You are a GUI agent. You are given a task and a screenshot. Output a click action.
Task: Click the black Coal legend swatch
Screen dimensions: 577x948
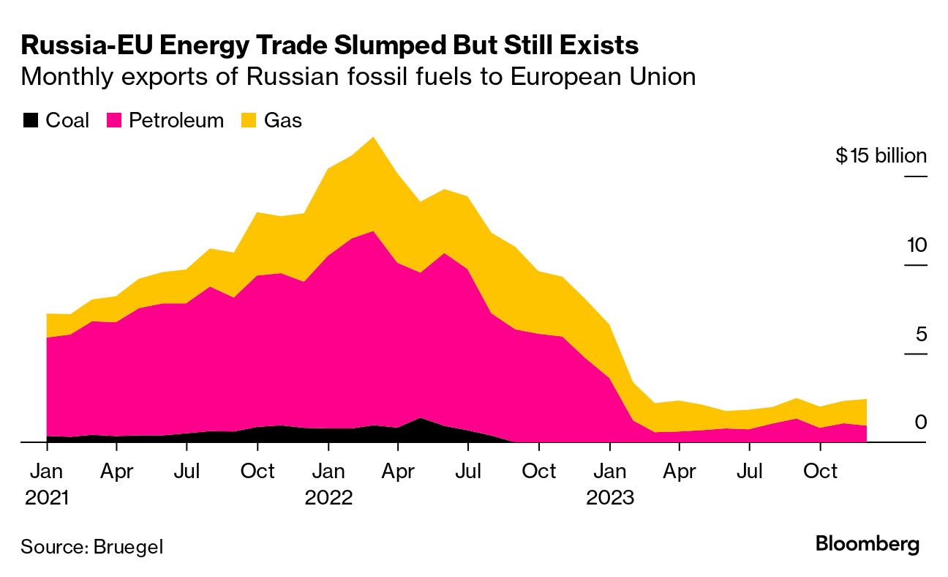[30, 120]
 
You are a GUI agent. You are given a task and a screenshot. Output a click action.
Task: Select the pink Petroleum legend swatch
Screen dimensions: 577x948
[113, 120]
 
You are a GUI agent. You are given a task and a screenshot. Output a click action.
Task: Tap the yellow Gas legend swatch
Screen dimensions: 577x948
[249, 120]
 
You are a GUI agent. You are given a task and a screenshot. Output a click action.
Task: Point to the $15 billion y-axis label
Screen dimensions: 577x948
[881, 155]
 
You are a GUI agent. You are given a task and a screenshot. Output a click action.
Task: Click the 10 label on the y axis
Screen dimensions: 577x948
[916, 245]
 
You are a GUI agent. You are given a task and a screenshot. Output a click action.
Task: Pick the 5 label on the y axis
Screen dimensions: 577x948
[920, 334]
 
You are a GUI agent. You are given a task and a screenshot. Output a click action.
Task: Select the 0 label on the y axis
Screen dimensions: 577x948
[920, 422]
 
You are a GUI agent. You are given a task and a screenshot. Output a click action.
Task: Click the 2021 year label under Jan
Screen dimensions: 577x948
[47, 498]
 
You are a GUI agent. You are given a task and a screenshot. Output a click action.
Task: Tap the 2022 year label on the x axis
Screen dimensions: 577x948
[328, 498]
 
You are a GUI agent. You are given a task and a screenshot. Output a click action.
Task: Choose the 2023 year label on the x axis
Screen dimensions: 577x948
[609, 498]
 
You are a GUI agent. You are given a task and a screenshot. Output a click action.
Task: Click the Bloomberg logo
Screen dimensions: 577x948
[867, 544]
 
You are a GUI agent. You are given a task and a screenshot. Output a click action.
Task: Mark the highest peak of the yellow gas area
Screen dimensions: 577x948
[374, 138]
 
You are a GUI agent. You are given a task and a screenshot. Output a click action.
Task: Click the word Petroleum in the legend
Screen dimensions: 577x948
[176, 120]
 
